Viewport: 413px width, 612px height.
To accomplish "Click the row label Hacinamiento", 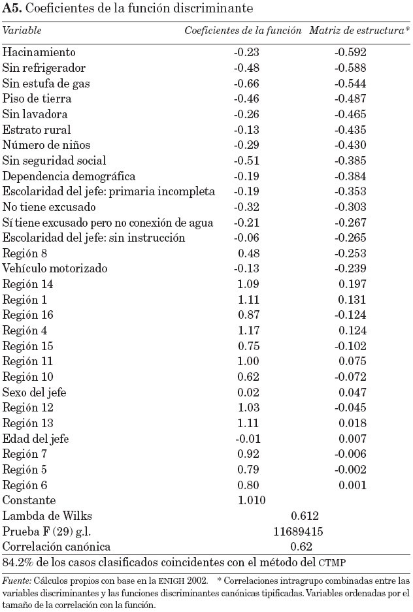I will [x=39, y=52].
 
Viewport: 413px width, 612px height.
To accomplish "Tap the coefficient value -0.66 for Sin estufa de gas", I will [x=247, y=84].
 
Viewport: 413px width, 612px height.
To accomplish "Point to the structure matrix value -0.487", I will [x=350, y=99].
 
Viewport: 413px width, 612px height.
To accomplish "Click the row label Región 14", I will [x=28, y=284].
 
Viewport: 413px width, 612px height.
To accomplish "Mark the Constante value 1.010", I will [x=252, y=500].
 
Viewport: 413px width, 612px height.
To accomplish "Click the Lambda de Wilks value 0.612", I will [x=305, y=516].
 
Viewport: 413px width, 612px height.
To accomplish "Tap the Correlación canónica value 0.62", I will [x=302, y=547].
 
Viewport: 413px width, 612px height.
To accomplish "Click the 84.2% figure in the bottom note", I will [x=16, y=562].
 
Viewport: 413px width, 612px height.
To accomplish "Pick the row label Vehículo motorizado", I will [x=55, y=268].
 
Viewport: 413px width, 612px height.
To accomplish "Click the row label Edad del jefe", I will [x=36, y=438].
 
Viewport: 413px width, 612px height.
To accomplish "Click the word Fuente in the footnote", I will [x=14, y=580].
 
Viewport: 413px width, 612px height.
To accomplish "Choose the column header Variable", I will [x=22, y=31].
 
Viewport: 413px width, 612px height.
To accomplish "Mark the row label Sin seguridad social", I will [x=54, y=161].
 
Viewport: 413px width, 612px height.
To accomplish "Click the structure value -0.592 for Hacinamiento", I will [x=350, y=52].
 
